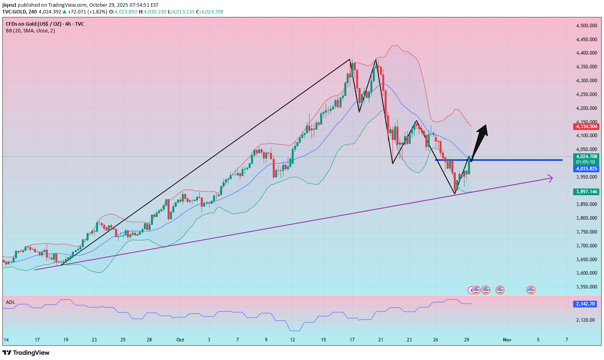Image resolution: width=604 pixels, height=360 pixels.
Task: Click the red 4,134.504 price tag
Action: (586, 126)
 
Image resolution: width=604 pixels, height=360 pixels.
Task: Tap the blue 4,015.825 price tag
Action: (586, 169)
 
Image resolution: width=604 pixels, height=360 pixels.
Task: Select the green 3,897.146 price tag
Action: (586, 192)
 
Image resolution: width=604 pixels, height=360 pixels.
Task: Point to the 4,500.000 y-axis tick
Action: (586, 26)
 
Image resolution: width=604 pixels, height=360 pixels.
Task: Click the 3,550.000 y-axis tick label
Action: (586, 287)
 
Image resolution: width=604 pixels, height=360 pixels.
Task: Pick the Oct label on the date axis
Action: (180, 340)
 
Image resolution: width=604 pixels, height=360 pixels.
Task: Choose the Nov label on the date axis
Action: (507, 340)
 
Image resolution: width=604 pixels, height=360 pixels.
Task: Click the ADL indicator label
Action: (10, 302)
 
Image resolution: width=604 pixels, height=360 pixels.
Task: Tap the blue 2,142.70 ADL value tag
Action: (585, 304)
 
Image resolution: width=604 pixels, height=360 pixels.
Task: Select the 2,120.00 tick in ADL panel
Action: (585, 320)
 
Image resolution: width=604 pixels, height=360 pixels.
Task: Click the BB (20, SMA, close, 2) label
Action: (30, 31)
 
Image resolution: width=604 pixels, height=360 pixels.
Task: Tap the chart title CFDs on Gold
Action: (45, 24)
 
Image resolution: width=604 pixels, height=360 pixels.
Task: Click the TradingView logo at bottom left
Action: (26, 352)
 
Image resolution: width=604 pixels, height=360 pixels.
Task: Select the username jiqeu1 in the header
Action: (9, 5)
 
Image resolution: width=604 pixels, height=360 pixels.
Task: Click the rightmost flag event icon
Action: (531, 290)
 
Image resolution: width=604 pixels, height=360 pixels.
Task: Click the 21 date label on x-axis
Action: (380, 340)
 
